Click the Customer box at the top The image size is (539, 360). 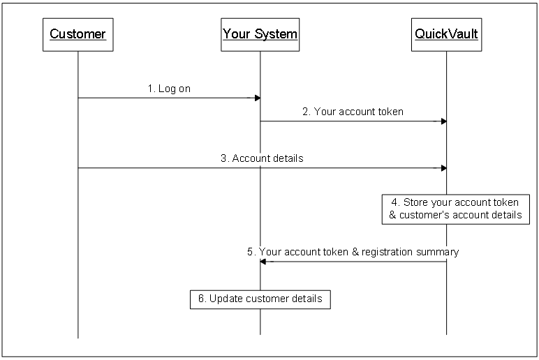[x=77, y=34]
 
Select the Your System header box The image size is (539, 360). [x=260, y=34]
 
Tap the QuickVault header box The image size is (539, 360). [x=446, y=34]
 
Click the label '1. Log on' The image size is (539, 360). [x=169, y=89]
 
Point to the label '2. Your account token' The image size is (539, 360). [x=353, y=112]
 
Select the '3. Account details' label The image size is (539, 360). [x=262, y=158]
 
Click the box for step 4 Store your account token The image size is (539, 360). [x=455, y=209]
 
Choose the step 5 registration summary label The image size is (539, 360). [x=353, y=252]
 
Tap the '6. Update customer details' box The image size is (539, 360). [x=260, y=299]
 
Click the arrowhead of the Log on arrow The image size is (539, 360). [x=257, y=98]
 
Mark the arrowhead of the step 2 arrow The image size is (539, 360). [x=443, y=121]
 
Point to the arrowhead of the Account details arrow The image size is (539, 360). [x=443, y=168]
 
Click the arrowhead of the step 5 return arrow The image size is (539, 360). [x=264, y=262]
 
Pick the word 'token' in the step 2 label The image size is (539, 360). [x=390, y=112]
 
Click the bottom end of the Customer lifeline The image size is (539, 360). [x=77, y=338]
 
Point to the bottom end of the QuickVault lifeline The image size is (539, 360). [x=446, y=334]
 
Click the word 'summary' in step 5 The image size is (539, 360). [x=440, y=252]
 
